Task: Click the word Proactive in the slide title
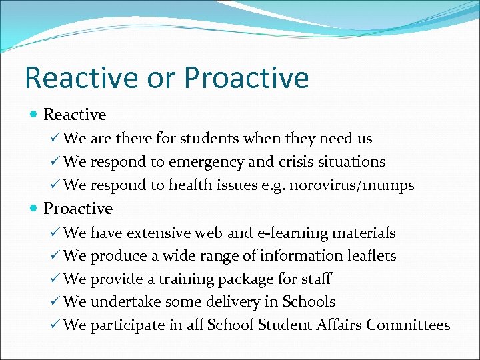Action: tap(247, 78)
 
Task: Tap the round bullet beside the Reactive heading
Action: tap(33, 115)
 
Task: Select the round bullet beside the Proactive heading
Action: tap(33, 209)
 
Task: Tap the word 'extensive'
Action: tap(158, 233)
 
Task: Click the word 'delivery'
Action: tap(232, 302)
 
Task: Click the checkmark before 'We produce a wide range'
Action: tap(55, 256)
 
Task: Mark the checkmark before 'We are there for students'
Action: tap(55, 139)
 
